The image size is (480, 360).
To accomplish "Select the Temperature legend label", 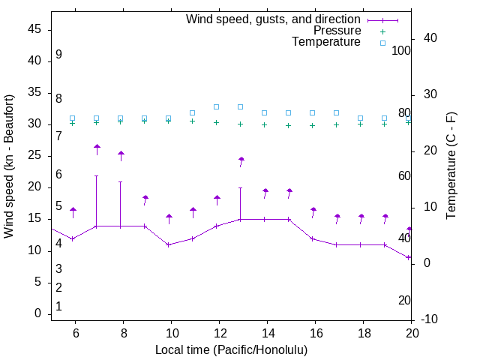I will [326, 42].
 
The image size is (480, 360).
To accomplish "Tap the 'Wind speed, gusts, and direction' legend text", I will [274, 19].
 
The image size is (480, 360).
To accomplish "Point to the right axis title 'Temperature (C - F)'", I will [451, 166].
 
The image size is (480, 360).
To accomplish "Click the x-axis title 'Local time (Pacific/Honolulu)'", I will [231, 349].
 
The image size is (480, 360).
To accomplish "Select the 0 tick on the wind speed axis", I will [38, 313].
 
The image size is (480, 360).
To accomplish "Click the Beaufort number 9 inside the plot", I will [58, 55].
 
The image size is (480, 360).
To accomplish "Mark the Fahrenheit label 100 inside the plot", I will [401, 50].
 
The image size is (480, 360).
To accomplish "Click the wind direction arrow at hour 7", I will [97, 149].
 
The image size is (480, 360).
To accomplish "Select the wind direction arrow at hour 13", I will [241, 161].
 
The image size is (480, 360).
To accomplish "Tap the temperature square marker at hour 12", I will [217, 106].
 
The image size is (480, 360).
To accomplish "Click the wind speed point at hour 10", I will [168, 244].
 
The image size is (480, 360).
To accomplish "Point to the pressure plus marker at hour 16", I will [313, 125].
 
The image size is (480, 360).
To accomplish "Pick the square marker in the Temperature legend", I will [382, 43].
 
